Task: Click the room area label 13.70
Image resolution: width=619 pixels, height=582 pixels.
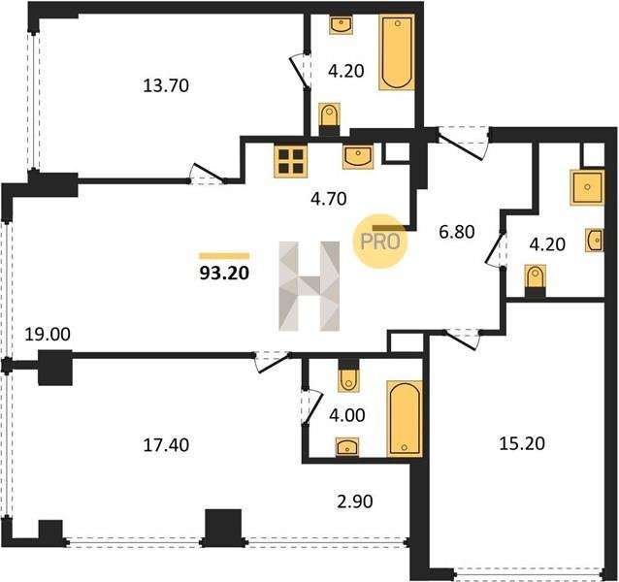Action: pos(166,85)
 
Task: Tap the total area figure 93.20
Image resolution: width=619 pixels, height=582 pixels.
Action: pos(224,273)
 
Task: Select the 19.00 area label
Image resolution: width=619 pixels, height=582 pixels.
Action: pos(48,335)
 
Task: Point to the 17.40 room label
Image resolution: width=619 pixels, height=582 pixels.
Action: pos(166,445)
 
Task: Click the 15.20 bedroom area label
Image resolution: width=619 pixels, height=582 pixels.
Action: pos(522,443)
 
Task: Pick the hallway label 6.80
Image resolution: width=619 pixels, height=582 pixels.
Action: pos(457,232)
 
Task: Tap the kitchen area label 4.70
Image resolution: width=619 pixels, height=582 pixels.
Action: pos(329,199)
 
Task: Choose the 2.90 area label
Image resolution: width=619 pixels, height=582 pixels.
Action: pos(355,501)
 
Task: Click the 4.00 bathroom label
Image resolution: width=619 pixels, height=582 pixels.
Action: pos(347,415)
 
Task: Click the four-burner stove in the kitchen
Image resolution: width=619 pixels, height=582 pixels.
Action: pos(291,162)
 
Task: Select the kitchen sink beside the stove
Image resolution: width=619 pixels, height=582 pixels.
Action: pos(358,157)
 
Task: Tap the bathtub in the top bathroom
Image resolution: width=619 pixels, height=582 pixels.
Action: pos(397,52)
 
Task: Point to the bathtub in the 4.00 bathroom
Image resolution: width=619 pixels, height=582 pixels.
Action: pos(405,419)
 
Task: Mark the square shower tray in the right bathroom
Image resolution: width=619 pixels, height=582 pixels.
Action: pos(587,187)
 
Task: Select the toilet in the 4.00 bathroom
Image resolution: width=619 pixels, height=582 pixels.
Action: pos(349,375)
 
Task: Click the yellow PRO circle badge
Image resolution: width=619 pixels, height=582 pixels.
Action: pos(379,242)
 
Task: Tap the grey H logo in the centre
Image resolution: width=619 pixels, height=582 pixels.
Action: pos(309,286)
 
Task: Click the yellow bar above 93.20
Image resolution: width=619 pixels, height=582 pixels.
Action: pos(224,256)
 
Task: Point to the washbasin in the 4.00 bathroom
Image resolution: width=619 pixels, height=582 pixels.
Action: pos(347,447)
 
